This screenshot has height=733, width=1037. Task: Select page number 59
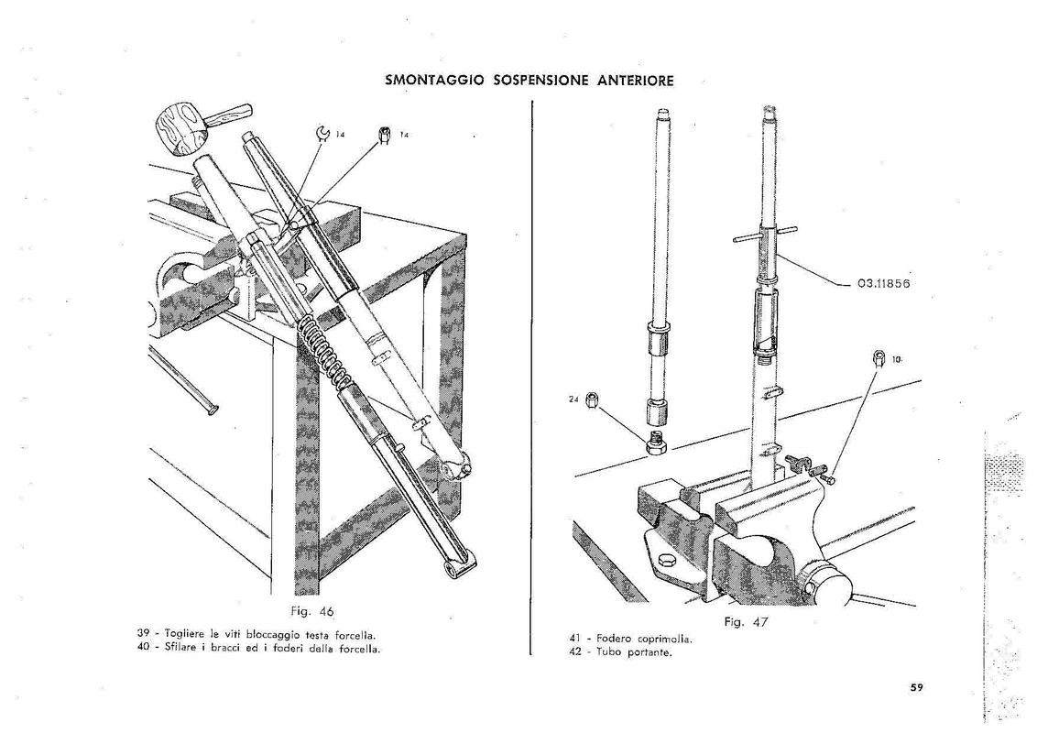pyautogui.click(x=916, y=689)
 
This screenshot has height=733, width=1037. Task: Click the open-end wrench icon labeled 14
pyautogui.click(x=322, y=135)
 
